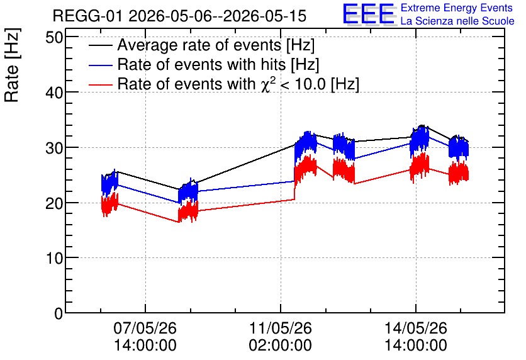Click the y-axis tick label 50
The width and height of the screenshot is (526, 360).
click(54, 37)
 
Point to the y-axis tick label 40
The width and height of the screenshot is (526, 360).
click(54, 93)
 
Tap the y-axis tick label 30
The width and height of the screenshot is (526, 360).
click(54, 148)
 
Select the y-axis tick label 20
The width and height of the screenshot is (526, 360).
click(54, 203)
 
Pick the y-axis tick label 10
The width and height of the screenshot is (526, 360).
click(54, 258)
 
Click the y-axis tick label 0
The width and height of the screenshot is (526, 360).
click(59, 313)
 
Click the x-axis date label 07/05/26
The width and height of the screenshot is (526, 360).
click(145, 328)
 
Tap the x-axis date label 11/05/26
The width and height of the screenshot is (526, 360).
click(281, 328)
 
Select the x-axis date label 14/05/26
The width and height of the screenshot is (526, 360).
click(416, 328)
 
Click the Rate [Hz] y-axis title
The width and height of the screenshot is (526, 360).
click(12, 65)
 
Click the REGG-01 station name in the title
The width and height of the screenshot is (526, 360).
click(88, 16)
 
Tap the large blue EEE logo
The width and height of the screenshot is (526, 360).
click(369, 14)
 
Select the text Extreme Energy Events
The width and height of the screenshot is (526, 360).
click(457, 8)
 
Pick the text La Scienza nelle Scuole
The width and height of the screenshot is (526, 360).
click(457, 21)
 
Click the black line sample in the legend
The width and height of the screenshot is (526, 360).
click(100, 45)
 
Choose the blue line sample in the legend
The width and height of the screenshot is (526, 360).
click(100, 65)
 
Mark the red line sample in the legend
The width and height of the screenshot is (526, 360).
click(100, 84)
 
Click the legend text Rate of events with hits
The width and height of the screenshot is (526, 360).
click(201, 64)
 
